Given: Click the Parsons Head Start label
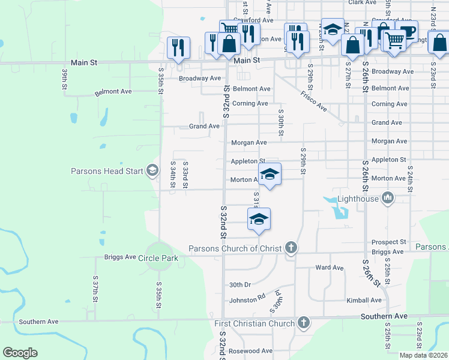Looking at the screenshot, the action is click(x=107, y=171).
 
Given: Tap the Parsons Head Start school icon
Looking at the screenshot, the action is click(x=152, y=171).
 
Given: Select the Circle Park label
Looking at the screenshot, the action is click(x=158, y=258).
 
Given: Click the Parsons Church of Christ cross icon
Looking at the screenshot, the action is click(x=291, y=247).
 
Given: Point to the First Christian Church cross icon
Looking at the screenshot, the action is click(x=304, y=323).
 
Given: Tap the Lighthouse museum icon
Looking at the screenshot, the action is click(x=388, y=197).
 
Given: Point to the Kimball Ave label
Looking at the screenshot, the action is click(x=364, y=300).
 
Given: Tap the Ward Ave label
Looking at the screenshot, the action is click(x=329, y=268).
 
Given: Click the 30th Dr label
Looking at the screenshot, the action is click(x=240, y=284).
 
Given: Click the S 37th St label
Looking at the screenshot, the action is click(x=95, y=289).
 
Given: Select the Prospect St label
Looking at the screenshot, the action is click(x=389, y=242).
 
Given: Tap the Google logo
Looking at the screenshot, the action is click(x=20, y=353).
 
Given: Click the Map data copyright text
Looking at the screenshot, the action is click(x=424, y=355).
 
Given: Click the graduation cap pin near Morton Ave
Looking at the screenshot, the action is click(x=270, y=175).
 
